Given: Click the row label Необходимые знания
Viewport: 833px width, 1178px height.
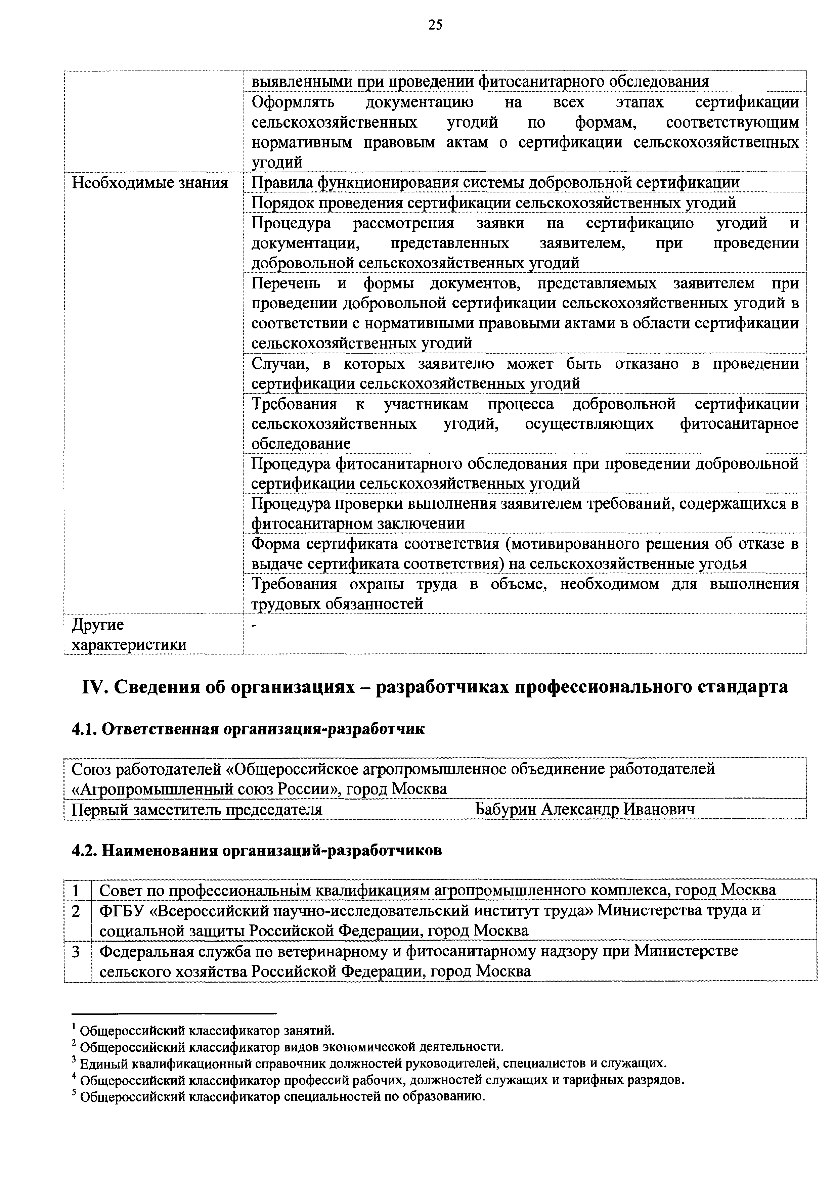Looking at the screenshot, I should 149,183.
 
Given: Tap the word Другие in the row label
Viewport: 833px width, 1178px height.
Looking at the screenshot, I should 97,625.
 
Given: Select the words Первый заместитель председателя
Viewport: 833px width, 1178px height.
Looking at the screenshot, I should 196,810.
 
